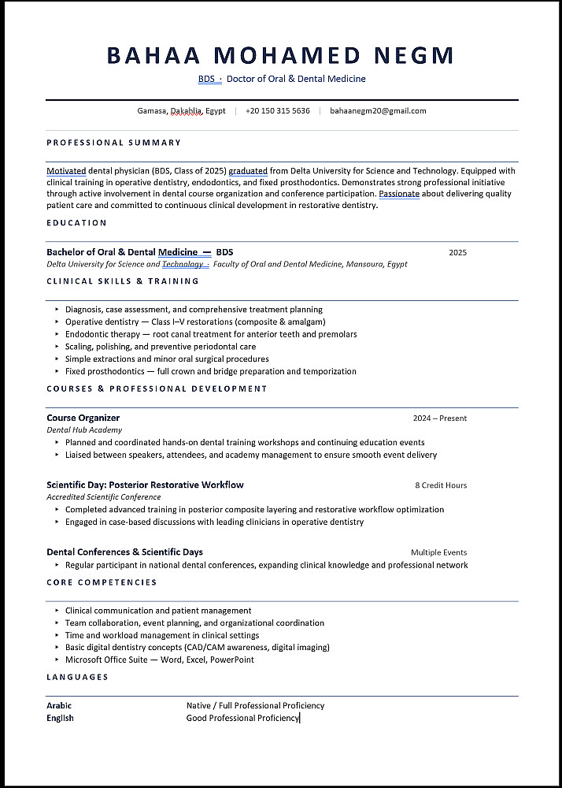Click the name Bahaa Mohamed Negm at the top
click(x=280, y=55)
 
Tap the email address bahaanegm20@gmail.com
click(x=378, y=111)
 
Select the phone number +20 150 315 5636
click(x=277, y=111)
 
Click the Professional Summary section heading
click(x=113, y=143)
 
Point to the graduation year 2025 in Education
click(x=457, y=253)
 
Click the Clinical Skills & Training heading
click(x=123, y=281)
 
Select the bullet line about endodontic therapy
click(x=211, y=334)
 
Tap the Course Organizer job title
click(x=83, y=418)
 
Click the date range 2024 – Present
click(x=439, y=418)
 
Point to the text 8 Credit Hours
click(x=441, y=485)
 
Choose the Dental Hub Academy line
click(x=84, y=430)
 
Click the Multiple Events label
click(x=438, y=552)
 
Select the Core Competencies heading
click(x=102, y=582)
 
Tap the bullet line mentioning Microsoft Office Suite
click(x=160, y=660)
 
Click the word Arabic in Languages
click(x=59, y=705)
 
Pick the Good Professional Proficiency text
click(x=242, y=718)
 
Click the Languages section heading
click(x=77, y=677)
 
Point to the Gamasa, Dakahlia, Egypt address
click(x=181, y=111)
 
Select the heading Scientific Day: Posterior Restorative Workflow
click(x=145, y=485)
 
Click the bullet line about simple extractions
click(x=167, y=359)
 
